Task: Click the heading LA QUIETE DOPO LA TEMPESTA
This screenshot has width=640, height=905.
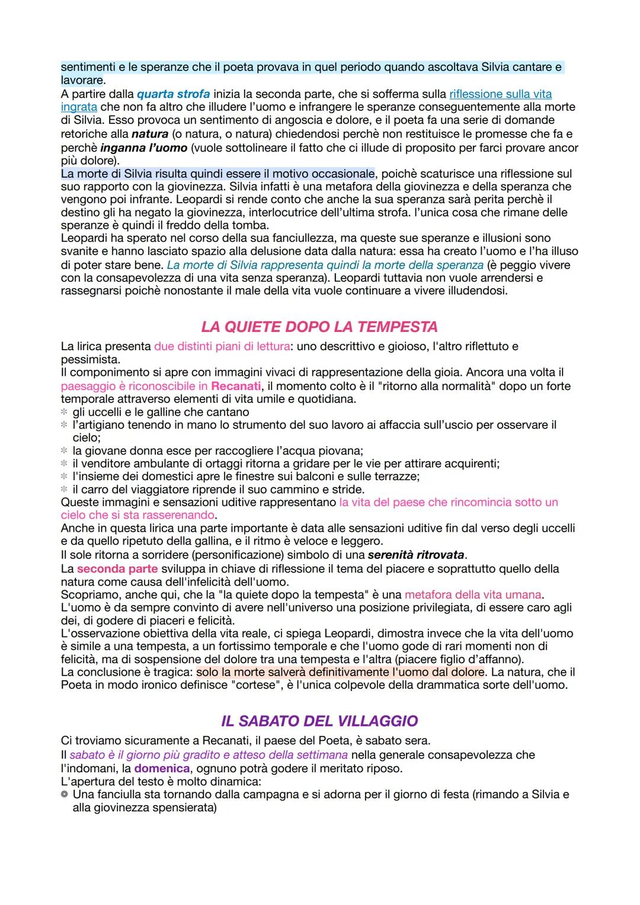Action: click(x=319, y=327)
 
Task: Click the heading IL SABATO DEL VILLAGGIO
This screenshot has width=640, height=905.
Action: click(x=319, y=721)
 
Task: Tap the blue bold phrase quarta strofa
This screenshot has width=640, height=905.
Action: click(x=173, y=94)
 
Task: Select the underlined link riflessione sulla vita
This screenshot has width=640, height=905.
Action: click(x=500, y=94)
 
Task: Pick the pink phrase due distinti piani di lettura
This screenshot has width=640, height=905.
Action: click(x=222, y=346)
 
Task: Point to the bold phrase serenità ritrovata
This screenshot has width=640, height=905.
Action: click(x=416, y=555)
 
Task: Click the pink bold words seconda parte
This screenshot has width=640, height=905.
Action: click(x=117, y=568)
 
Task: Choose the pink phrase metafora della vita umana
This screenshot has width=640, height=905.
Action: click(x=473, y=594)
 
